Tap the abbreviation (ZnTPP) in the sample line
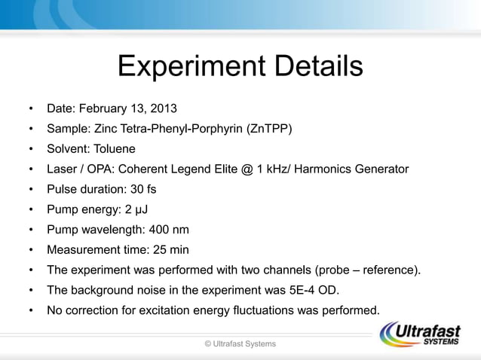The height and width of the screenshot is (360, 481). pos(269,129)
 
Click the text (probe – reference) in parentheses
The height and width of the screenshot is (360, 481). pos(368,270)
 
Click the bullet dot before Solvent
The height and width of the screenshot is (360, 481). pos(31,149)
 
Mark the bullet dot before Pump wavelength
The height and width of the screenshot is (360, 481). pos(31,230)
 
